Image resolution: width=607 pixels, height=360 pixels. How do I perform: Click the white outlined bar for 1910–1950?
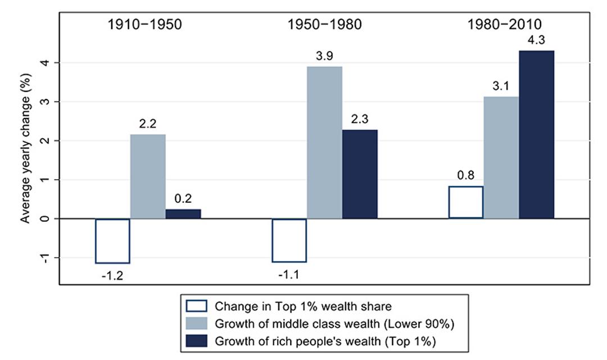pyautogui.click(x=112, y=241)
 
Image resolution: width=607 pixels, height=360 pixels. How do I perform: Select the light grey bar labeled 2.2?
pyautogui.click(x=148, y=176)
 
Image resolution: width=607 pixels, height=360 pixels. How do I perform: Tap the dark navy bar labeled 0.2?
pyautogui.click(x=183, y=214)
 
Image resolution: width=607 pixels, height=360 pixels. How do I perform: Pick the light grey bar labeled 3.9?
pyautogui.click(x=324, y=143)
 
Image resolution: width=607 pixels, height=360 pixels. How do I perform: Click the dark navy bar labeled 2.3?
pyautogui.click(x=360, y=174)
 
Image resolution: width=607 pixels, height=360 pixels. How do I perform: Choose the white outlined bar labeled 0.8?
pyautogui.click(x=465, y=202)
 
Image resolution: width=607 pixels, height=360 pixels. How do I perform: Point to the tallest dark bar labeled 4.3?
pyautogui.click(x=536, y=135)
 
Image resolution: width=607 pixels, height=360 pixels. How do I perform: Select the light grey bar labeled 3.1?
pyautogui.click(x=501, y=158)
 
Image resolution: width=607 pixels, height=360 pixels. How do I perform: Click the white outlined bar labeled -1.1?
pyautogui.click(x=289, y=240)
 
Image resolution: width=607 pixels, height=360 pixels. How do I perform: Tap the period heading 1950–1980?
pyautogui.click(x=324, y=25)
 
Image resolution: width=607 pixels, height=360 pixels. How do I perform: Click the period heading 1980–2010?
pyautogui.click(x=501, y=25)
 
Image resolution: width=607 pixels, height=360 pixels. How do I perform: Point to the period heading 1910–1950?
pyautogui.click(x=144, y=25)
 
